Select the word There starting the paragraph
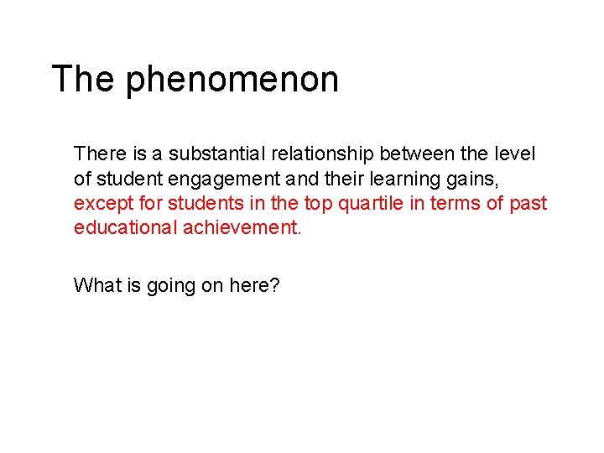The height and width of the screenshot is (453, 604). click(x=99, y=154)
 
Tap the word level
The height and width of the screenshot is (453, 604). click(x=514, y=154)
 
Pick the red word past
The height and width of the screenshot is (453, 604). click(x=529, y=203)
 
